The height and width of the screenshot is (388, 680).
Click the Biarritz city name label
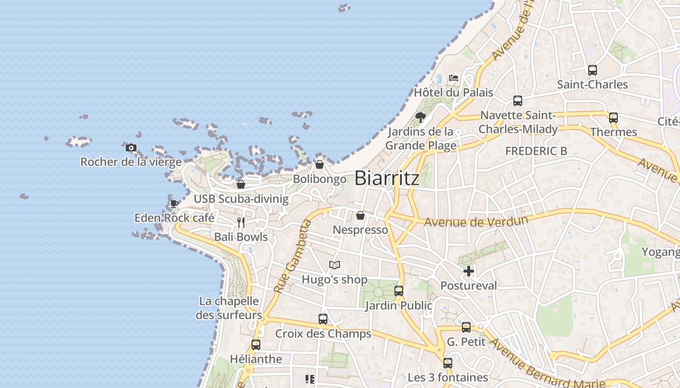pos(387,178)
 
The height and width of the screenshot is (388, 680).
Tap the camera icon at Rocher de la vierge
pos(131,148)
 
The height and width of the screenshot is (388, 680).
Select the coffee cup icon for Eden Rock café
pos(174,204)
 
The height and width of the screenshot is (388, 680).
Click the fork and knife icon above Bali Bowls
pos(241,223)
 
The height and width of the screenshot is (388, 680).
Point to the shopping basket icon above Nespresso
pos(360,215)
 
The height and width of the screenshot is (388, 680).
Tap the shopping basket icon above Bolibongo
pos(320,165)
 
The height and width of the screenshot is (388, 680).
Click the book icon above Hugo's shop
pos(334,265)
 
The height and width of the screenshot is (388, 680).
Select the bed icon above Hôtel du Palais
pos(453,78)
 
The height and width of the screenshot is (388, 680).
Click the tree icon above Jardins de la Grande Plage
pos(421,117)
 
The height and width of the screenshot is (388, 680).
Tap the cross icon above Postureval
pos(469,271)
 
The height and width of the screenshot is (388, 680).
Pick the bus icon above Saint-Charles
pos(592,70)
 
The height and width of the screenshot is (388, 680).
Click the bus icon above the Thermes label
pos(613,117)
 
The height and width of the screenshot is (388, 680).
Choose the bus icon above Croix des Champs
pos(323,319)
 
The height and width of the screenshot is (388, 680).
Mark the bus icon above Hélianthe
pos(256,345)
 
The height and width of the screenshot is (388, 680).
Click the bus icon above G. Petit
pos(466,327)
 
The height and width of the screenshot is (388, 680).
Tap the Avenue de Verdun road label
pos(476,222)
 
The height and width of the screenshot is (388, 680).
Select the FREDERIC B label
pos(536,151)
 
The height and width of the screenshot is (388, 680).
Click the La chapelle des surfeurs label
pos(229,308)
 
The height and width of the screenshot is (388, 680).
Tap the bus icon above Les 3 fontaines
pos(447,363)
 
